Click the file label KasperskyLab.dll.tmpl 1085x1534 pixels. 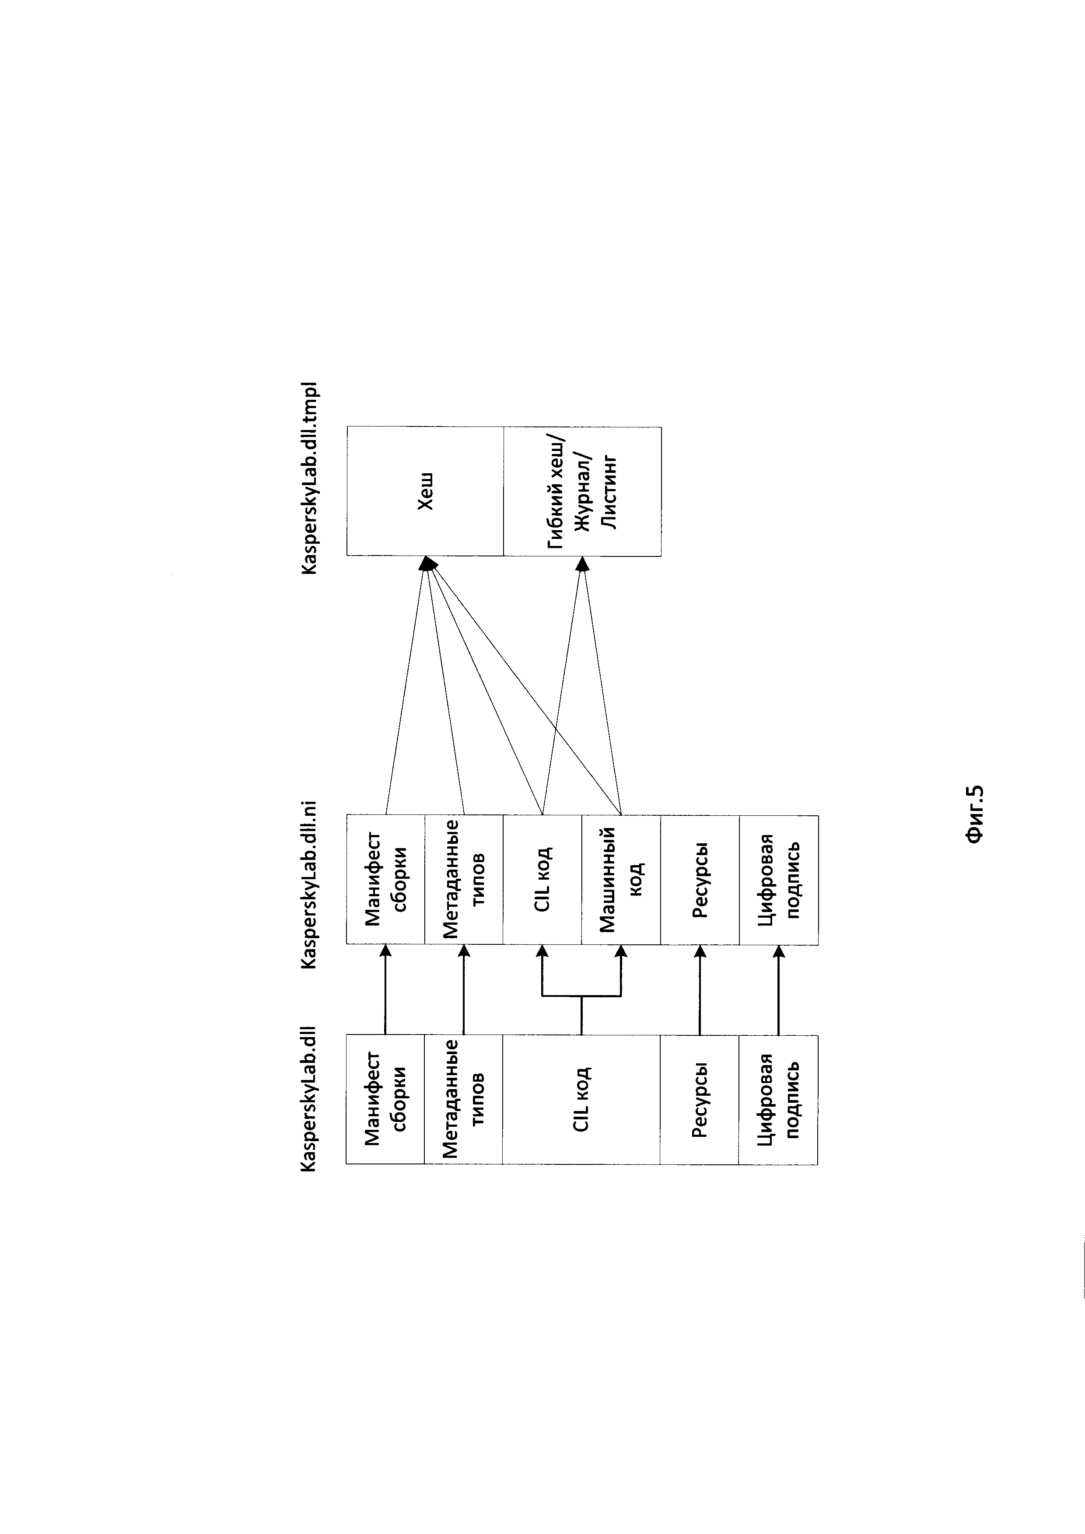[311, 478]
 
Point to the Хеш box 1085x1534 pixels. [425, 491]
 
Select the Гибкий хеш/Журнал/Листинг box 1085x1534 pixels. [582, 491]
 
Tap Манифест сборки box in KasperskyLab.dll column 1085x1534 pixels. [385, 1099]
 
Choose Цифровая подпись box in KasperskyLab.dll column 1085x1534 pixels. [778, 1099]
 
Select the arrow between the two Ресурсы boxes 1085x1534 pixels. [700, 989]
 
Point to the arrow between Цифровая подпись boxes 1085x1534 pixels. [778, 989]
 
